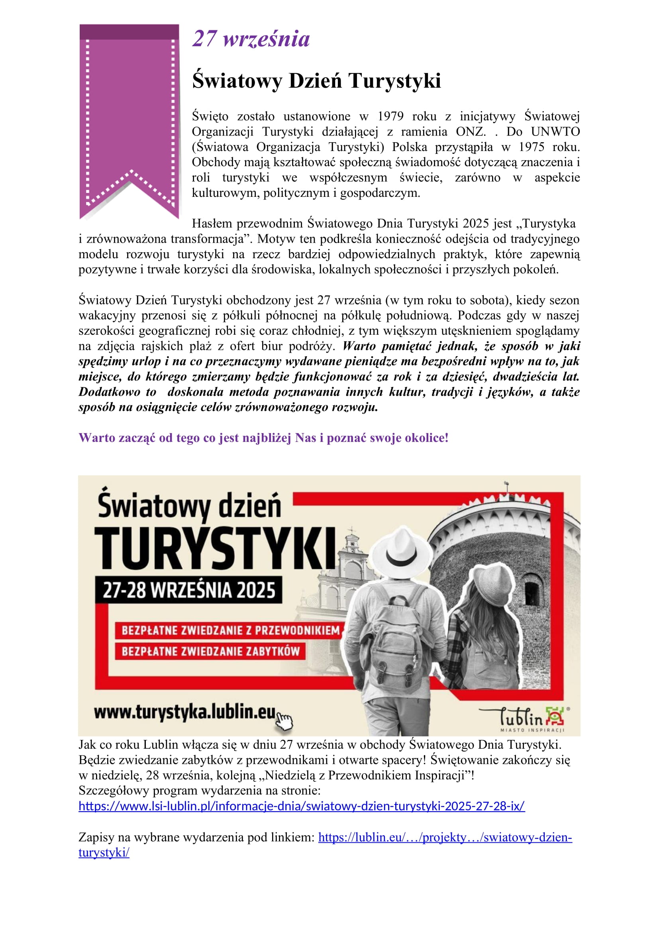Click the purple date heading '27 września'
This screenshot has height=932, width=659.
pos(251,39)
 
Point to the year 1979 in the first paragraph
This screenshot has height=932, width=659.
pos(390,116)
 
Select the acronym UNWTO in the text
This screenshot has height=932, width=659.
pos(555,132)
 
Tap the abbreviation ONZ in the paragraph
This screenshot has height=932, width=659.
pos(470,132)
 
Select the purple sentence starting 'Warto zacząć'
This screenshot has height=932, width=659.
pos(263,438)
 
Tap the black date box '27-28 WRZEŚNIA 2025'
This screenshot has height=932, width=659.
pos(189,590)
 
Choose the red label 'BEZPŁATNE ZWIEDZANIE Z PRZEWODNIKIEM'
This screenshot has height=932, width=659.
pos(230,630)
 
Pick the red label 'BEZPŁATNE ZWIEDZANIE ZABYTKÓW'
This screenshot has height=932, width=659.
pos(211,651)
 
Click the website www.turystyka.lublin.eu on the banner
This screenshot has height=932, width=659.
pos(184,712)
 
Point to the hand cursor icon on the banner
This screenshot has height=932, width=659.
pos(284,722)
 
